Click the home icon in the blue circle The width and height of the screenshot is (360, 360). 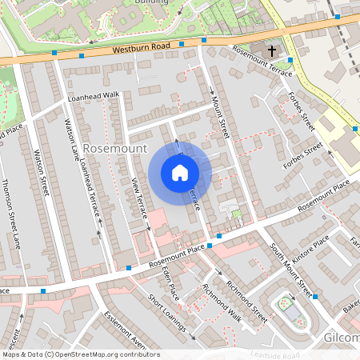coord(180,173)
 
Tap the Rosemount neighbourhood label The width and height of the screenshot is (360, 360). coord(114,149)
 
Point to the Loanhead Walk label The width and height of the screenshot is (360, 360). coord(94,95)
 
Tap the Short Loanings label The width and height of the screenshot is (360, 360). coord(167,313)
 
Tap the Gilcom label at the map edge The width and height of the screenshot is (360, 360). coord(342,338)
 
